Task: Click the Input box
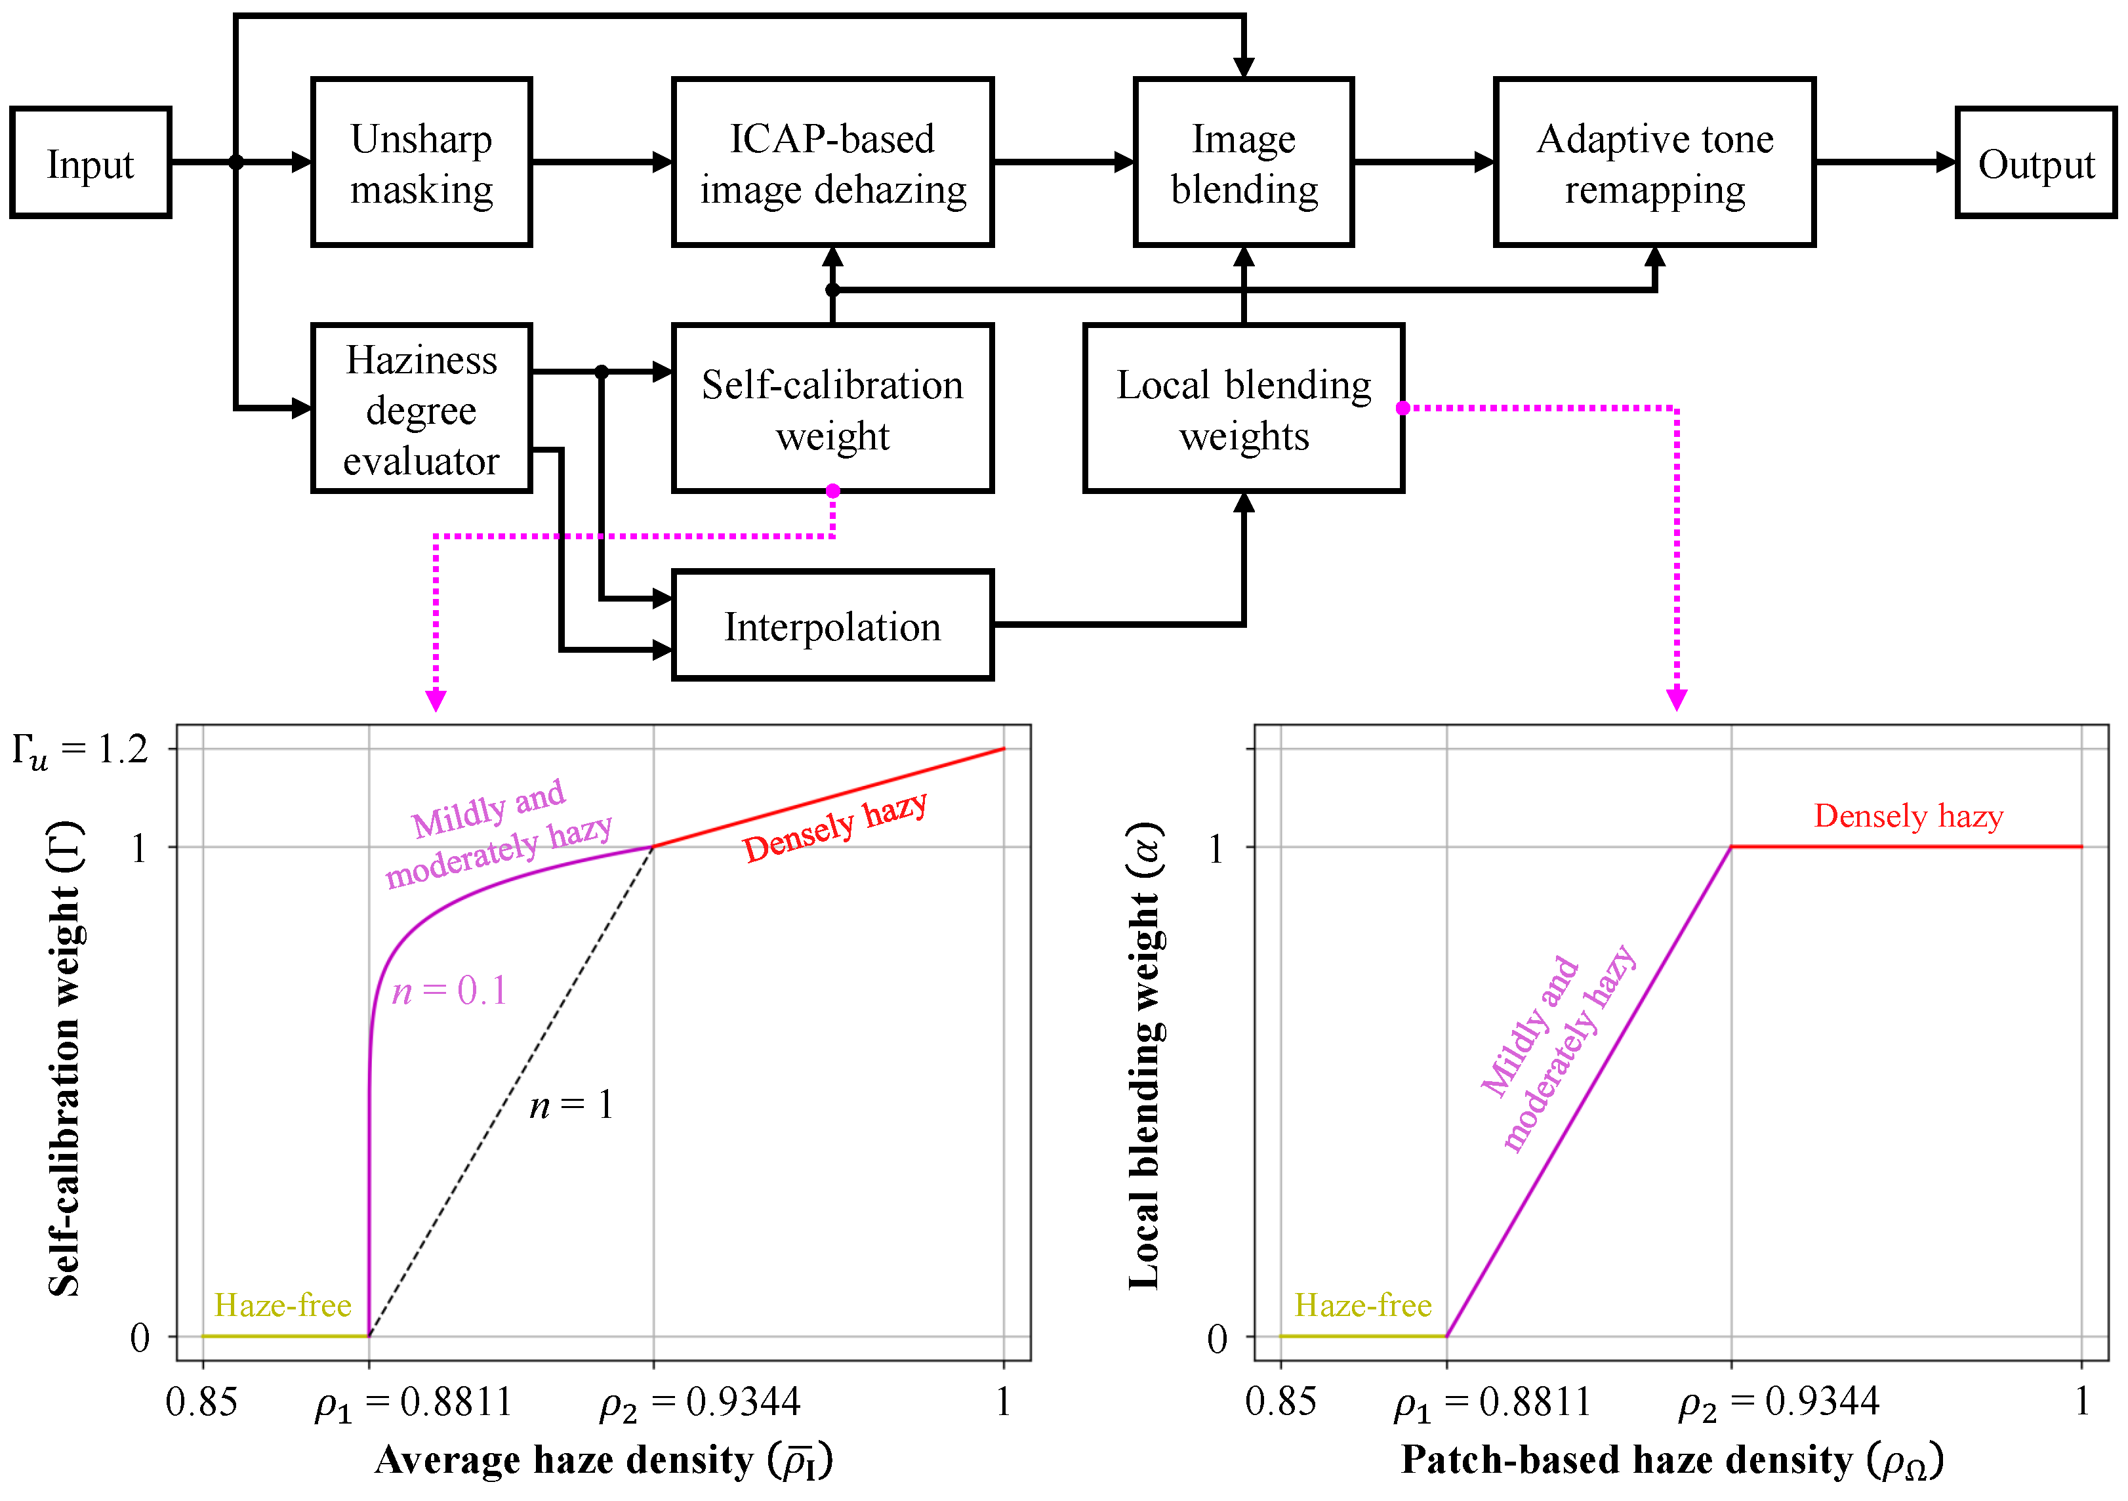(x=90, y=163)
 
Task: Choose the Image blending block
(x=1243, y=163)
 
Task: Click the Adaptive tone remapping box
(x=1654, y=163)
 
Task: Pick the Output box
(x=2036, y=163)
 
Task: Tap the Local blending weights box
(x=1243, y=409)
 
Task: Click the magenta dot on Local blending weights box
(x=1402, y=408)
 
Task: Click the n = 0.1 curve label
(x=449, y=991)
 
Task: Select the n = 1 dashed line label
(x=571, y=1104)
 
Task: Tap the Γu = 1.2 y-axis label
(x=80, y=751)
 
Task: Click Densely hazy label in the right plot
(x=1908, y=816)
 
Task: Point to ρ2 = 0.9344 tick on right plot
(x=1778, y=1402)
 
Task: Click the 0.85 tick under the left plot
(x=201, y=1402)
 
